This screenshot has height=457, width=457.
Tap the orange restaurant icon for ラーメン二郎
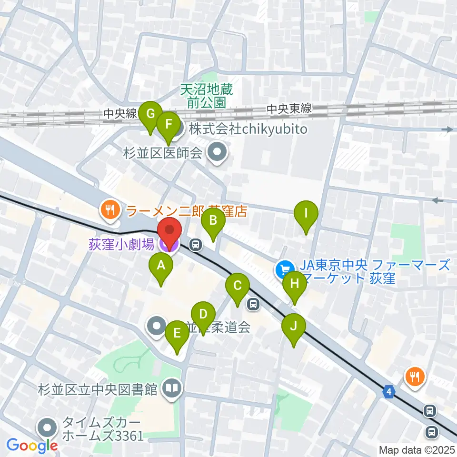pos(110,209)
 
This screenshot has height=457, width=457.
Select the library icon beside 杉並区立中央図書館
pos(171,389)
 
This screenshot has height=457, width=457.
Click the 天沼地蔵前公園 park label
pos(203,95)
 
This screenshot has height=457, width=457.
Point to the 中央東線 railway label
pos(289,109)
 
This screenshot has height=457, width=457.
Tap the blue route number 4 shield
pos(390,392)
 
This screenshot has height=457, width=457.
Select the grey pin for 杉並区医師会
pos(219,153)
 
